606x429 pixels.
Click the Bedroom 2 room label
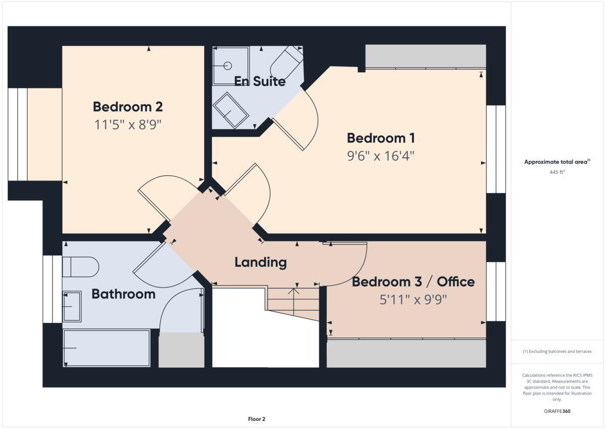pos(128,107)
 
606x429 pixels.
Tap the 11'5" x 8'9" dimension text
pos(128,125)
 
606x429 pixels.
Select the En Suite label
pos(260,81)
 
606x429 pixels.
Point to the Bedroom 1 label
pos(381,138)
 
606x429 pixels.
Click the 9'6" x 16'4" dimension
pos(381,156)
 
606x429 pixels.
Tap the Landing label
pos(261,262)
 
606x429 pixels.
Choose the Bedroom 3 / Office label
pos(413,282)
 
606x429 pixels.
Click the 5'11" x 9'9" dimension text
pos(413,300)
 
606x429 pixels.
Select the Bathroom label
pos(124,294)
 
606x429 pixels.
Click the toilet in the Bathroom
pos(81,267)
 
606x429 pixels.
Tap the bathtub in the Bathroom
pos(107,348)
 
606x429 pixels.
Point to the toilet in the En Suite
pos(287,63)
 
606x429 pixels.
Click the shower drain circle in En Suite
pos(228,66)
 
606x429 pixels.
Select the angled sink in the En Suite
pos(231,110)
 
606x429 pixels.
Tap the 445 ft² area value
pos(557,172)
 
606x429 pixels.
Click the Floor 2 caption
pos(257,419)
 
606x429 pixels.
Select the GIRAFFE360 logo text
pos(557,411)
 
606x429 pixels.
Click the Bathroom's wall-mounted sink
pos(72,306)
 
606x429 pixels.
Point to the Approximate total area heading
pos(557,162)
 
